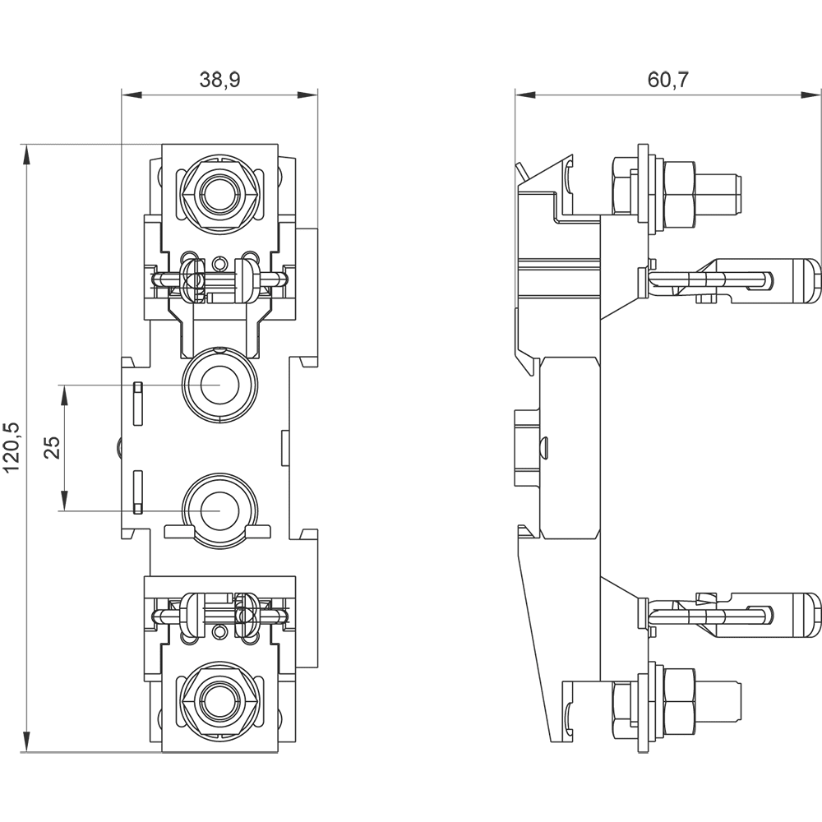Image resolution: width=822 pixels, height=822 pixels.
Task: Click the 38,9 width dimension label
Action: [x=219, y=80]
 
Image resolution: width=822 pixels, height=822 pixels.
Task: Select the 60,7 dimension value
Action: [x=667, y=80]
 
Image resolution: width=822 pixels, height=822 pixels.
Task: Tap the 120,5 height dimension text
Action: [x=12, y=446]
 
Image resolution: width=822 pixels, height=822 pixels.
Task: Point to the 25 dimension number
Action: [x=52, y=448]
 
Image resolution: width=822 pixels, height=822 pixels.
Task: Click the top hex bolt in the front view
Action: [x=219, y=193]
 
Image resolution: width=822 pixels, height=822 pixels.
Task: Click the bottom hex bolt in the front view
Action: [x=219, y=701]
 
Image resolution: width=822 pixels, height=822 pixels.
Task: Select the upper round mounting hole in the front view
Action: [x=219, y=385]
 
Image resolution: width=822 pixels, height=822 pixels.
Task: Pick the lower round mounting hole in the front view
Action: [x=219, y=510]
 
